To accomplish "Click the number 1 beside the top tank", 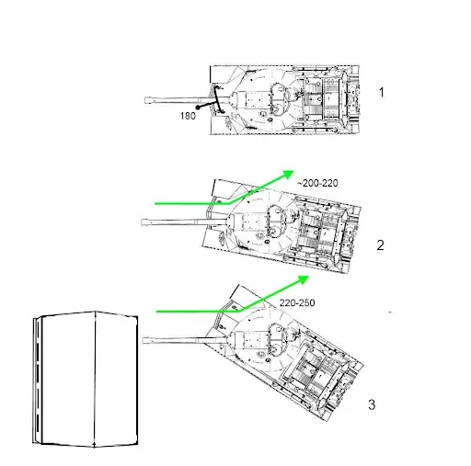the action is (382, 92).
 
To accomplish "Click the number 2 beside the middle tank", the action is (380, 245).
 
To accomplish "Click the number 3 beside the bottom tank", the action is (372, 404).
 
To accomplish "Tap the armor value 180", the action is (188, 116).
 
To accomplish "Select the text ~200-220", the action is (317, 183).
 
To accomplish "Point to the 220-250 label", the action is (297, 302).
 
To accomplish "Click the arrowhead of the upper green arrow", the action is (288, 175).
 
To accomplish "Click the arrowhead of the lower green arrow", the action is (304, 279).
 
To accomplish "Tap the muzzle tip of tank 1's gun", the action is (146, 100).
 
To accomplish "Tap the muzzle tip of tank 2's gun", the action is (143, 222).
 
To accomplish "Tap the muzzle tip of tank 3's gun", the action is (144, 340).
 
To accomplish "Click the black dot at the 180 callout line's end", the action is (198, 108).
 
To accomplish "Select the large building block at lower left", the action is (86, 379).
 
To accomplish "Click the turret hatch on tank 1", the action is (280, 98).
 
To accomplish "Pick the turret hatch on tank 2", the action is (277, 221).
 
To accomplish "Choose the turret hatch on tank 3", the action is (278, 338).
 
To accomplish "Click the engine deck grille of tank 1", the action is (321, 98).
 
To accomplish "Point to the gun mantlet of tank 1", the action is (234, 100).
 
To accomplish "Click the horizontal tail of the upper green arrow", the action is (192, 203).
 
